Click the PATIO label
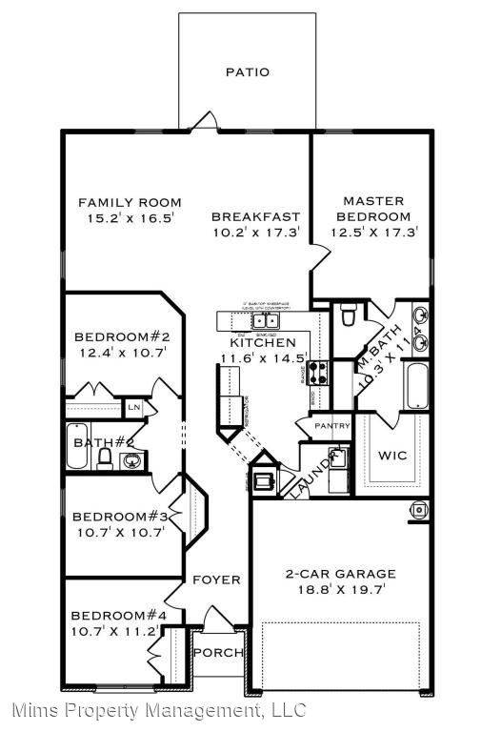(247, 71)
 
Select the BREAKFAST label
(255, 216)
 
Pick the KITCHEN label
(262, 342)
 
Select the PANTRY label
(332, 426)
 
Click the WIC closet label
(393, 455)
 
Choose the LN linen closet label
(134, 409)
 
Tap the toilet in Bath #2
(106, 459)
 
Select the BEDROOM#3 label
(120, 517)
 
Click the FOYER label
(216, 579)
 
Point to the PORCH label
(217, 653)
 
